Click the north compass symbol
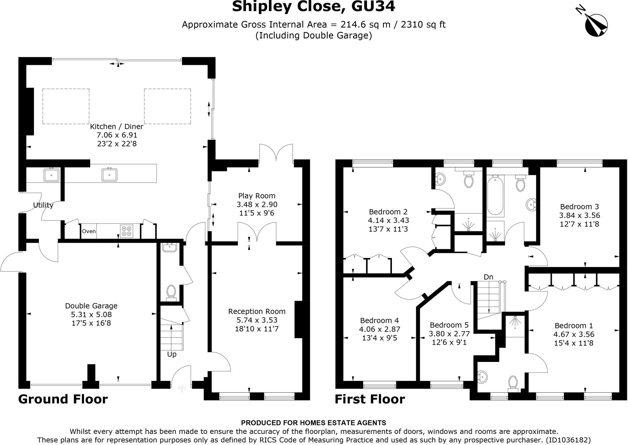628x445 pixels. (596, 25)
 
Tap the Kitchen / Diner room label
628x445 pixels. (117, 126)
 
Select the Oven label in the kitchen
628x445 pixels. (89, 231)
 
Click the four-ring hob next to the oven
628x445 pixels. (127, 231)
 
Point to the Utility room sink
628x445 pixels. (51, 175)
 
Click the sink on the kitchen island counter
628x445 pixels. (109, 175)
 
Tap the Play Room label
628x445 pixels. (257, 196)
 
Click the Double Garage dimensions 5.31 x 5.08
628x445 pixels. (91, 315)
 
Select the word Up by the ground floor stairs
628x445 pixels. (172, 354)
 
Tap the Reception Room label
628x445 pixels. (257, 311)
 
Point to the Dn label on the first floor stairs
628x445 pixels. (488, 277)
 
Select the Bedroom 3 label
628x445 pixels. (579, 207)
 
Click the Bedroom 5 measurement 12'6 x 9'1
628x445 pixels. (449, 342)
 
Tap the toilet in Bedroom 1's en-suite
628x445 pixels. (513, 383)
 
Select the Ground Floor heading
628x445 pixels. (63, 399)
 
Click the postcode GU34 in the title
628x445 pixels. (373, 6)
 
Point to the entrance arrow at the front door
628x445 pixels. (182, 389)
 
